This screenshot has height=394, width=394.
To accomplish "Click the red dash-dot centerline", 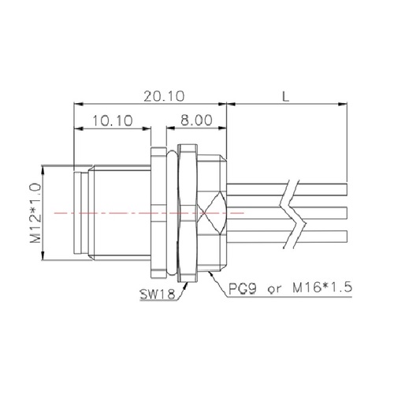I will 118,213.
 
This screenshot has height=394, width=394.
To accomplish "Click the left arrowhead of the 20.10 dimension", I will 76,103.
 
